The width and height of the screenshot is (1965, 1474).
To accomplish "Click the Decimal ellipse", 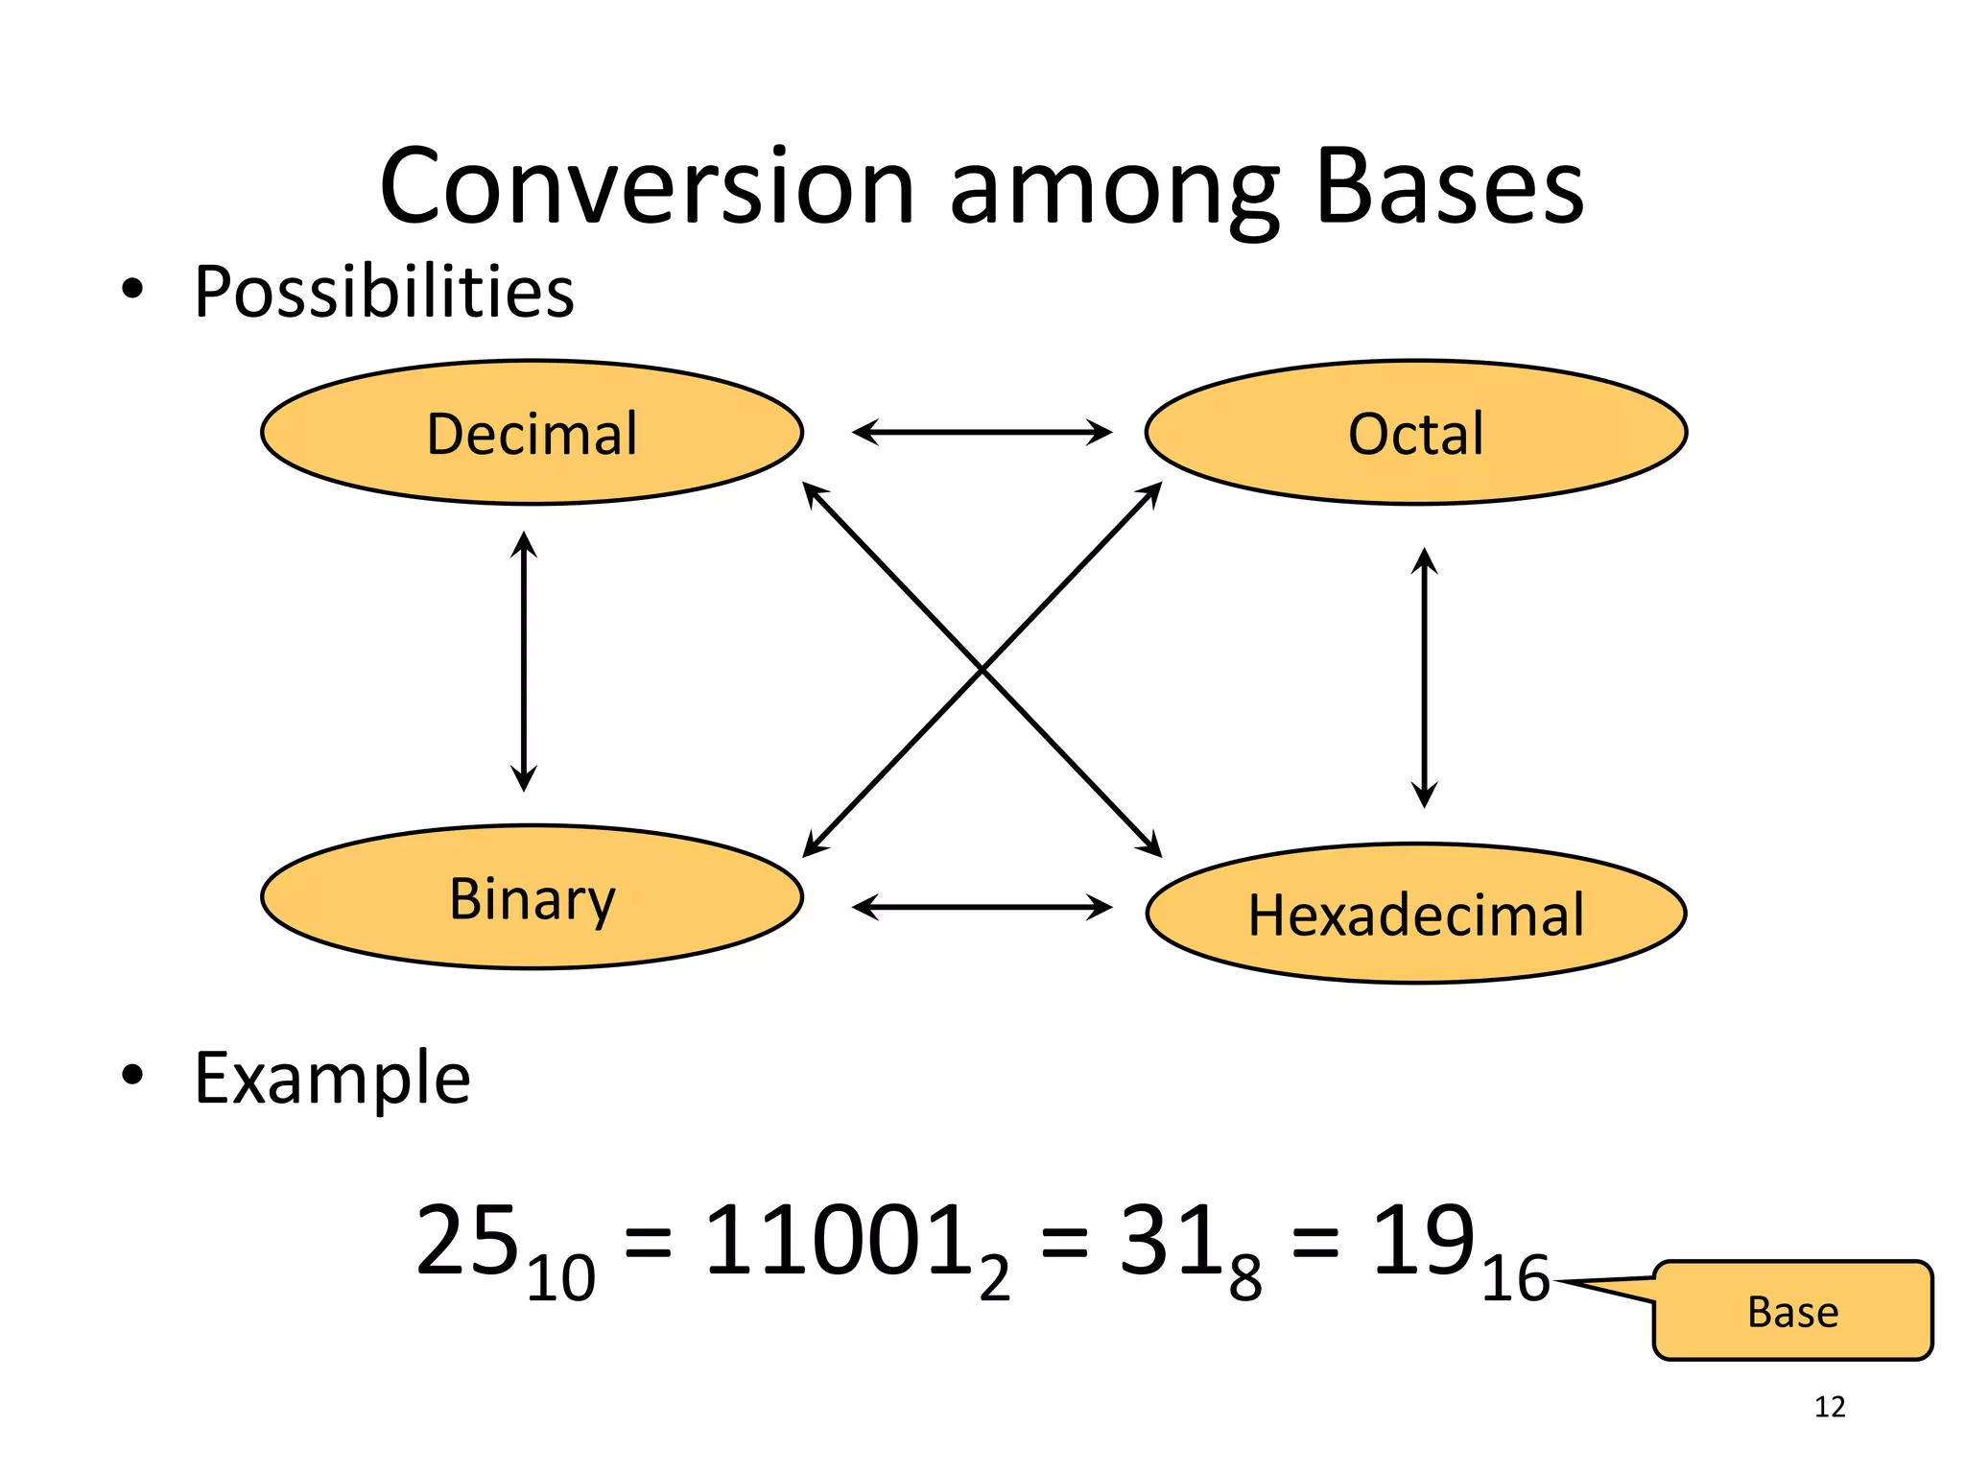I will tap(532, 433).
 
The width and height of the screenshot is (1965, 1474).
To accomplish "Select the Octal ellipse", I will tap(1415, 433).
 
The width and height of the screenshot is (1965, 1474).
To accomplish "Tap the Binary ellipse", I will tap(532, 897).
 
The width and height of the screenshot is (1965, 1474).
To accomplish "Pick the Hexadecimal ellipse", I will tap(1415, 914).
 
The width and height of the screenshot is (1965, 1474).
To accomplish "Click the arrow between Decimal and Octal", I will tap(982, 432).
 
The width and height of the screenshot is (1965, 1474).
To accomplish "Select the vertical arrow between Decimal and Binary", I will tap(523, 661).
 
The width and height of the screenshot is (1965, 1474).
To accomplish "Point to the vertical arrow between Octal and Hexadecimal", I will tap(1424, 678).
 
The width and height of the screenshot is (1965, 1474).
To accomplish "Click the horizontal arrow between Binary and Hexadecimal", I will tap(982, 907).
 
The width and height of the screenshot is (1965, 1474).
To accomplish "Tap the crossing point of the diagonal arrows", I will tap(982, 669).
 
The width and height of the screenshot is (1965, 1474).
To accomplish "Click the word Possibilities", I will tap(384, 292).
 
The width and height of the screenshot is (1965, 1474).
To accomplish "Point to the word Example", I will tap(332, 1079).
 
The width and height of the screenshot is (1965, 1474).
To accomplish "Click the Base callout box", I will tap(1792, 1311).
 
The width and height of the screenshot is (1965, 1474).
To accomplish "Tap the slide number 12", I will tap(1830, 1407).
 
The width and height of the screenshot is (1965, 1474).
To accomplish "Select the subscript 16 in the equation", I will tap(1514, 1279).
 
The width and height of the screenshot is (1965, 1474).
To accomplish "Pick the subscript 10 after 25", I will tap(560, 1279).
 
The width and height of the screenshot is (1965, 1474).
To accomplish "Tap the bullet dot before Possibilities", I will tap(132, 289).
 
